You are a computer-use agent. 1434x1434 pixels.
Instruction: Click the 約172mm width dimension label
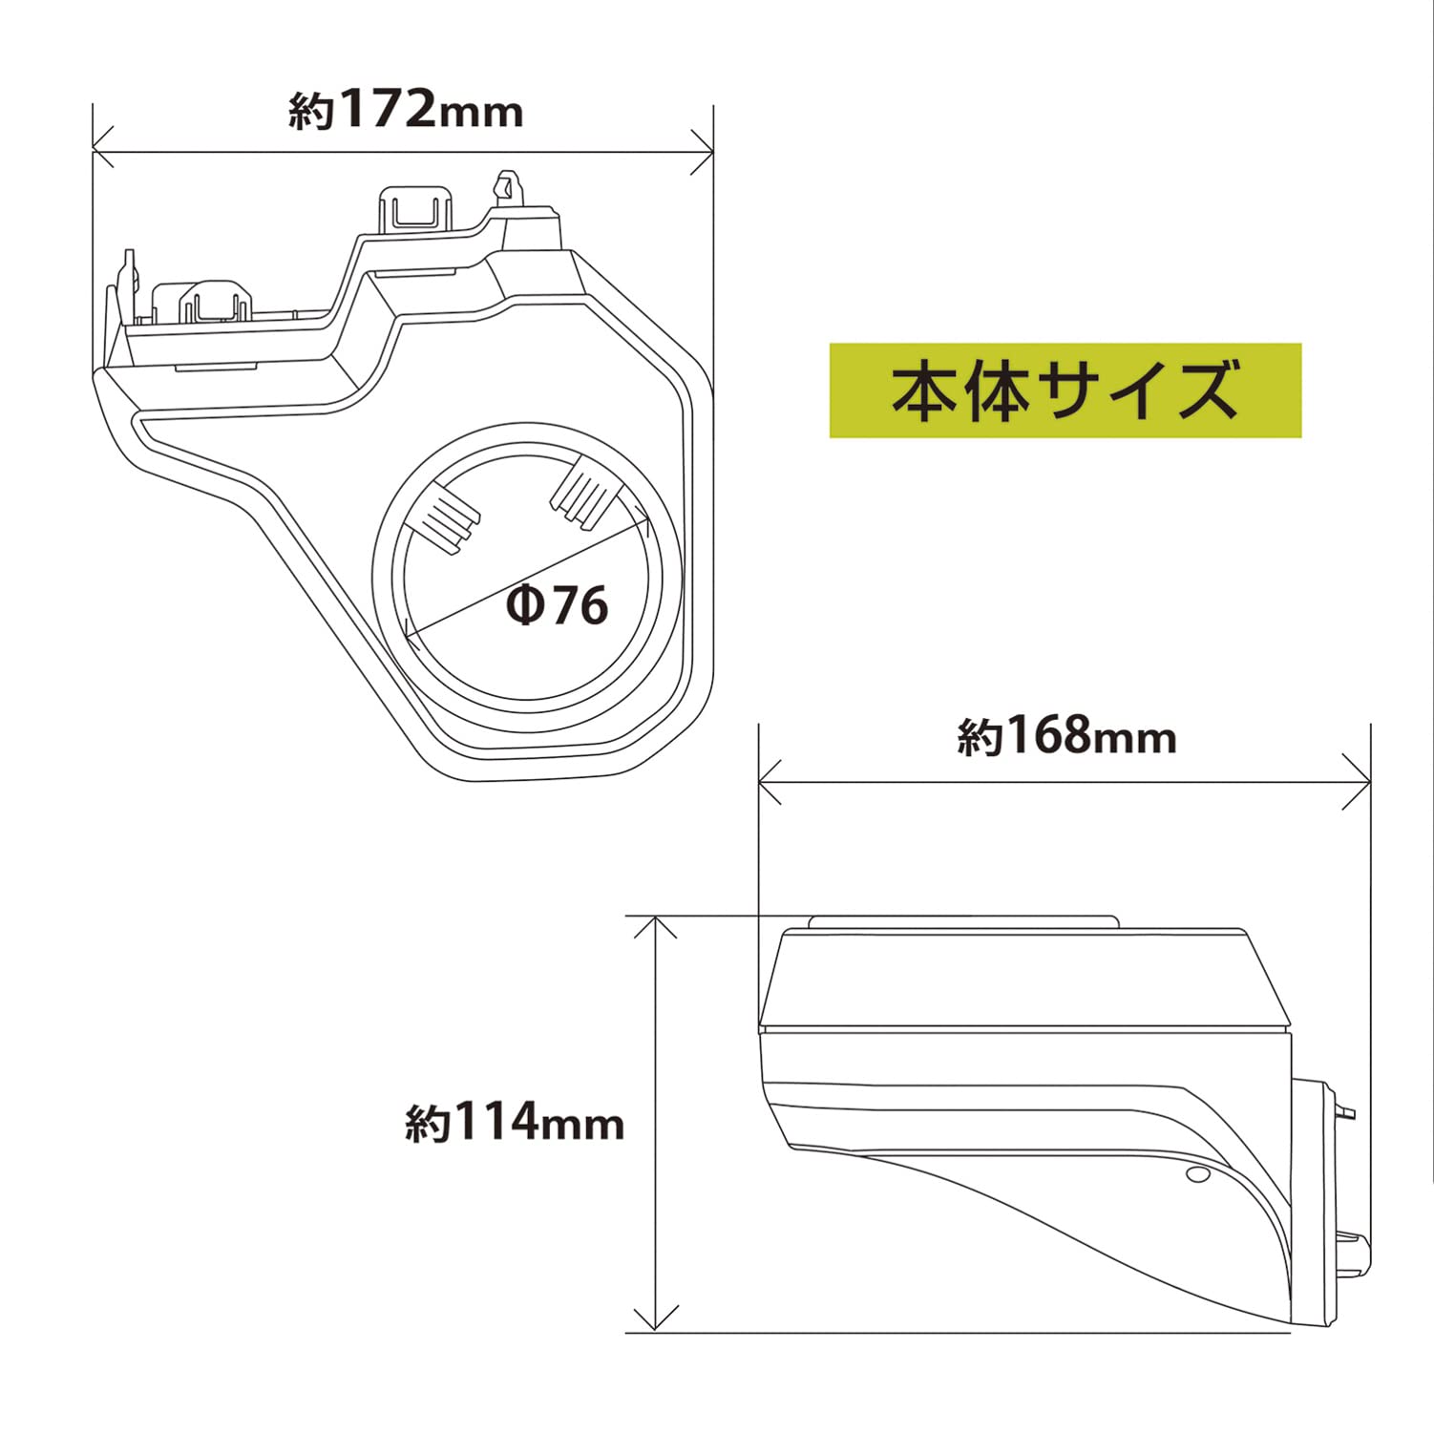tap(406, 110)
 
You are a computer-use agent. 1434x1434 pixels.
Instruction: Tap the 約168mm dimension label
tap(1066, 736)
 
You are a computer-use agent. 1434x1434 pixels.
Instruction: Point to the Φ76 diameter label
tap(558, 604)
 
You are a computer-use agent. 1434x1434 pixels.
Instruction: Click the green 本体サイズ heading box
tap(1065, 390)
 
